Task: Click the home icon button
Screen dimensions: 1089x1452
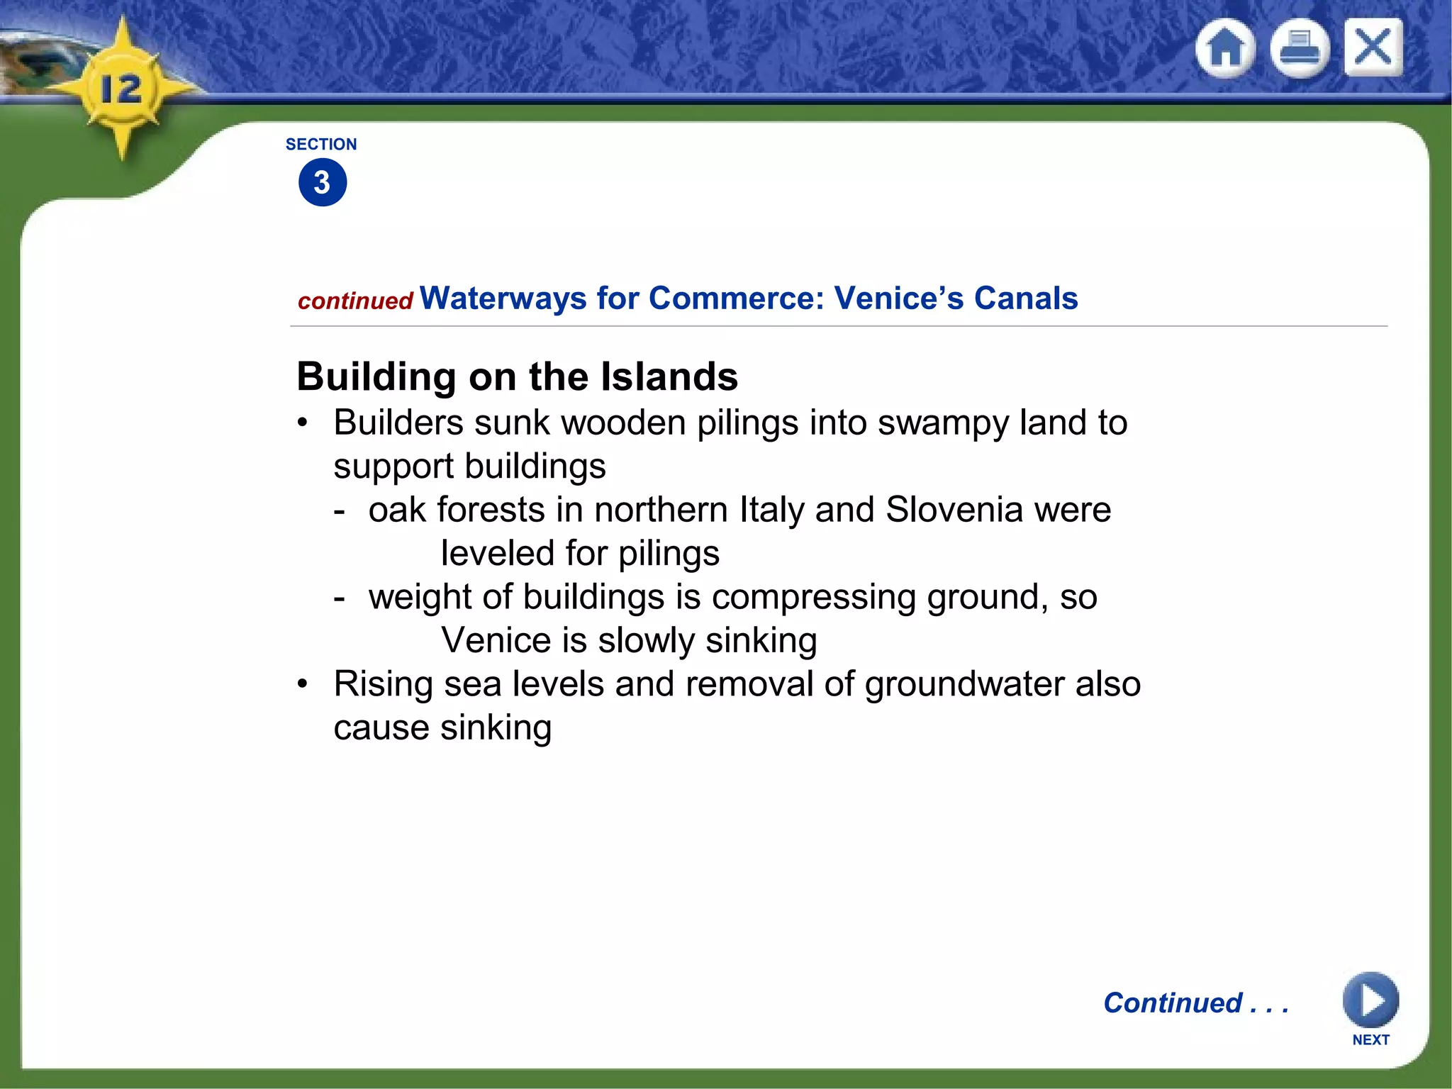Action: click(x=1226, y=48)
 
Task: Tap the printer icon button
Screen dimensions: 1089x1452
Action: click(x=1300, y=48)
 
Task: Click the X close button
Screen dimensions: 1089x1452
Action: click(x=1373, y=48)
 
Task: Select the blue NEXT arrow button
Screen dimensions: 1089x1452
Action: click(x=1370, y=1000)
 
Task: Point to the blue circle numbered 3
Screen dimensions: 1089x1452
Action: click(x=323, y=183)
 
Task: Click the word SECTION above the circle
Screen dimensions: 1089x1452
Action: click(x=321, y=145)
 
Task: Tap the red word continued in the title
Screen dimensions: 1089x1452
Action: click(x=355, y=301)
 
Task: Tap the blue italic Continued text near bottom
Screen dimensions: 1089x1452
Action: click(x=1195, y=1003)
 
